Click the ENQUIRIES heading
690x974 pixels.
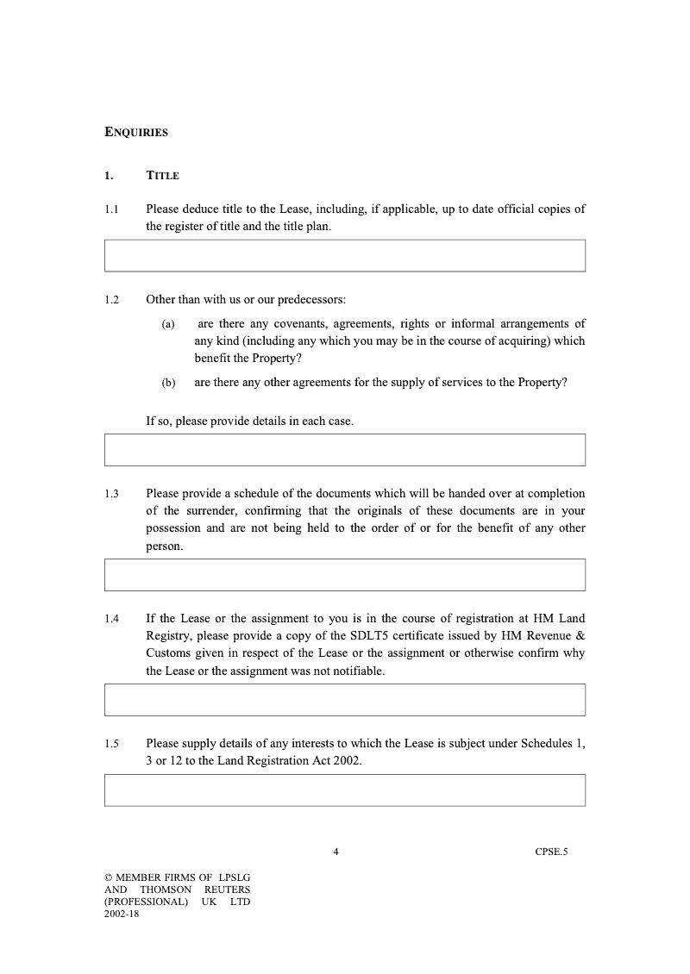(x=136, y=133)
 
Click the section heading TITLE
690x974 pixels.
(x=163, y=176)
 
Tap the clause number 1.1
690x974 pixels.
(x=111, y=209)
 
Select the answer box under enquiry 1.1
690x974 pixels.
(x=345, y=256)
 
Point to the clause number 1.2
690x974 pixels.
(x=111, y=300)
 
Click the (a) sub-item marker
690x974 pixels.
(x=168, y=324)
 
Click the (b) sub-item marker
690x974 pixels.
(x=168, y=383)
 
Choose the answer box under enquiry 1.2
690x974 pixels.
(x=345, y=450)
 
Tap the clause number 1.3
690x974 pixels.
(x=111, y=494)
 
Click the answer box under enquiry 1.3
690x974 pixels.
(x=345, y=575)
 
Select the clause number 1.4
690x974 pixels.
(x=111, y=619)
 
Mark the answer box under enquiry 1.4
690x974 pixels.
(x=345, y=700)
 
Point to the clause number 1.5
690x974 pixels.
(x=111, y=744)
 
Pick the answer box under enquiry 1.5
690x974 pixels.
(x=345, y=790)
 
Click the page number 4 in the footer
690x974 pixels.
(x=336, y=852)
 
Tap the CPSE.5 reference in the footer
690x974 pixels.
(x=551, y=852)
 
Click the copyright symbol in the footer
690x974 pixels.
(x=108, y=877)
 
